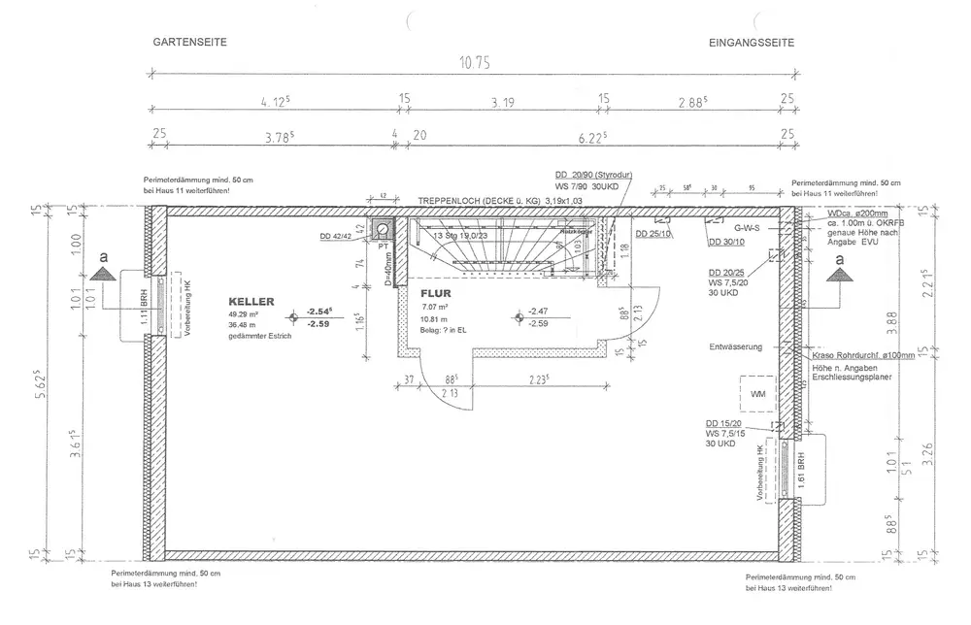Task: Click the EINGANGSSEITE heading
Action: tap(753, 44)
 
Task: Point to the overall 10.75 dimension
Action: tap(474, 61)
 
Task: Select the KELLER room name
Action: tap(251, 302)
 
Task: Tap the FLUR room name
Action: tap(435, 292)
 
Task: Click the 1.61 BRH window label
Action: tap(800, 469)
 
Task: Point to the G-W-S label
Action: tap(746, 227)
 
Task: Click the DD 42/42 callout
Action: tap(336, 235)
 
